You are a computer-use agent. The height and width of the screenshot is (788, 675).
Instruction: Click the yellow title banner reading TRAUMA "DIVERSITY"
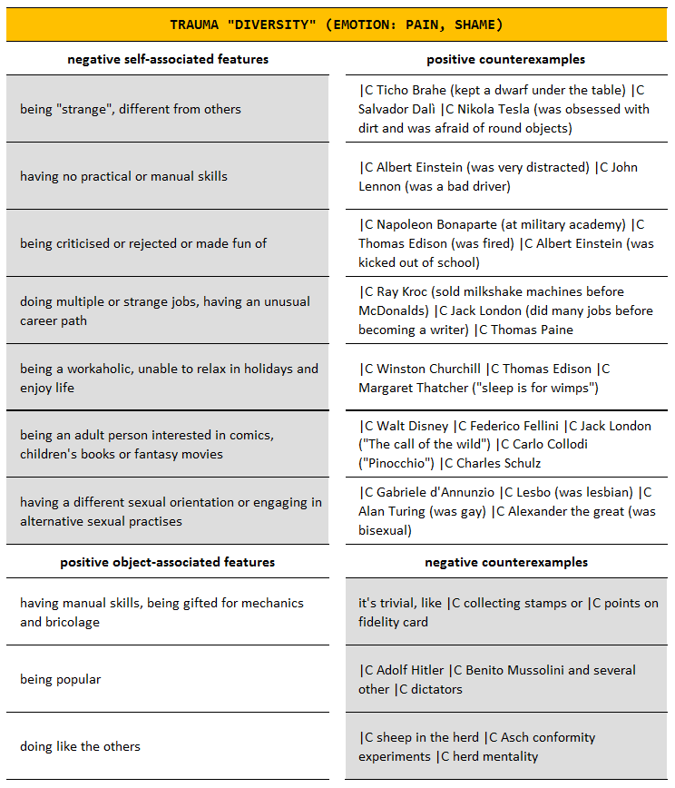[x=336, y=25]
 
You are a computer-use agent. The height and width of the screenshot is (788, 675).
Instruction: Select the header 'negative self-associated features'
[x=168, y=59]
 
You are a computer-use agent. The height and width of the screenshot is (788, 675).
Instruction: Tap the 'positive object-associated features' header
[x=168, y=562]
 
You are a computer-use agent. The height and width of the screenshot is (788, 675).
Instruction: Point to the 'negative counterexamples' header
[x=505, y=562]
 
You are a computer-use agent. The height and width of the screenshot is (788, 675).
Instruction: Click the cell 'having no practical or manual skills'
[x=123, y=176]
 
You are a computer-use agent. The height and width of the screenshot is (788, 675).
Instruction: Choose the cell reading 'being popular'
[x=61, y=679]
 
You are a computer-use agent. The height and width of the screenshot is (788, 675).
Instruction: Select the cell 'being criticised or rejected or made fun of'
[x=143, y=243]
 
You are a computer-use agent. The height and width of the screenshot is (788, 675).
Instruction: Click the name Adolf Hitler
[x=410, y=670]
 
